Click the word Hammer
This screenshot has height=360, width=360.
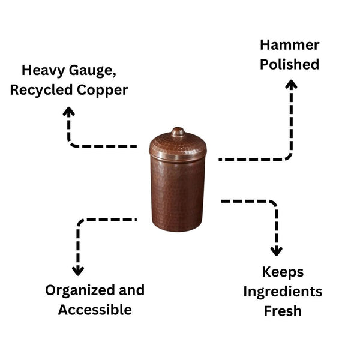[289, 45]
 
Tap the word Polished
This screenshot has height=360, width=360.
[289, 64]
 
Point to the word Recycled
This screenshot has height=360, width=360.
[49, 91]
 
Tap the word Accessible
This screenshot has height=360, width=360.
[95, 310]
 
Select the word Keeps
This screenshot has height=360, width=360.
[283, 272]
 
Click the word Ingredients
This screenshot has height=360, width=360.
[283, 292]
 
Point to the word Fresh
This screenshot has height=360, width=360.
[283, 311]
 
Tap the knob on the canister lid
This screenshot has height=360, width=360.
[178, 131]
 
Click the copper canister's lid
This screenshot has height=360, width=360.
[178, 146]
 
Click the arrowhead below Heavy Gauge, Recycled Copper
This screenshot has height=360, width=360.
[69, 112]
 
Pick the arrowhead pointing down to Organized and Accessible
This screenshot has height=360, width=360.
[78, 271]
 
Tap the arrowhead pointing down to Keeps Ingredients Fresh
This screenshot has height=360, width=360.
[276, 251]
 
